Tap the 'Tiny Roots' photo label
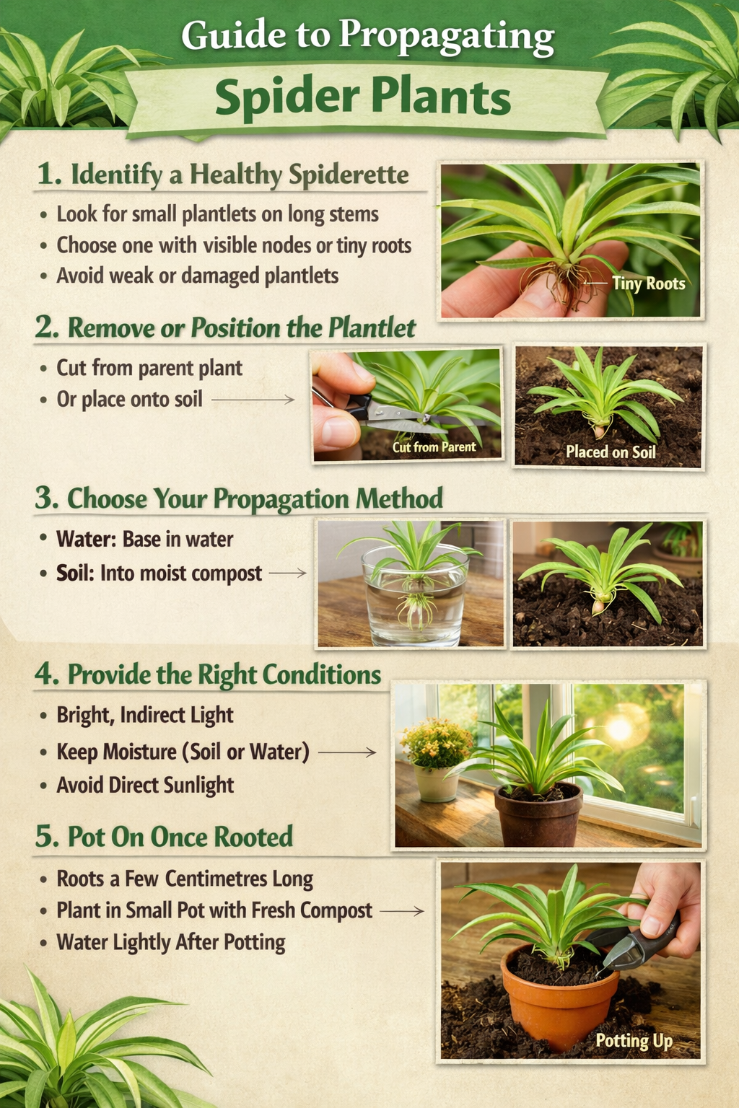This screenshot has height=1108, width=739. (x=648, y=283)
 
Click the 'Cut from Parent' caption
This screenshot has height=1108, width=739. (x=434, y=447)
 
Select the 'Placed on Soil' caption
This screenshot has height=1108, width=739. (x=611, y=452)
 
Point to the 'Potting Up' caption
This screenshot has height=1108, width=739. (x=634, y=1041)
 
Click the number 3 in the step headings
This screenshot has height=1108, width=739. (x=45, y=498)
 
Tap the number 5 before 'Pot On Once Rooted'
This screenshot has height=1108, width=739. (x=46, y=837)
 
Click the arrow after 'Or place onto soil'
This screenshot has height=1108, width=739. (x=253, y=400)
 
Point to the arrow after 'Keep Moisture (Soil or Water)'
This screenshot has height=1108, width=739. (x=347, y=752)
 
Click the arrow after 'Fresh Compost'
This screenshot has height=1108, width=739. (x=402, y=911)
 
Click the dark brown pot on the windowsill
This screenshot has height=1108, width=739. (x=538, y=815)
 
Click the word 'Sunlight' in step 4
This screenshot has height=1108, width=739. (x=198, y=785)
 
